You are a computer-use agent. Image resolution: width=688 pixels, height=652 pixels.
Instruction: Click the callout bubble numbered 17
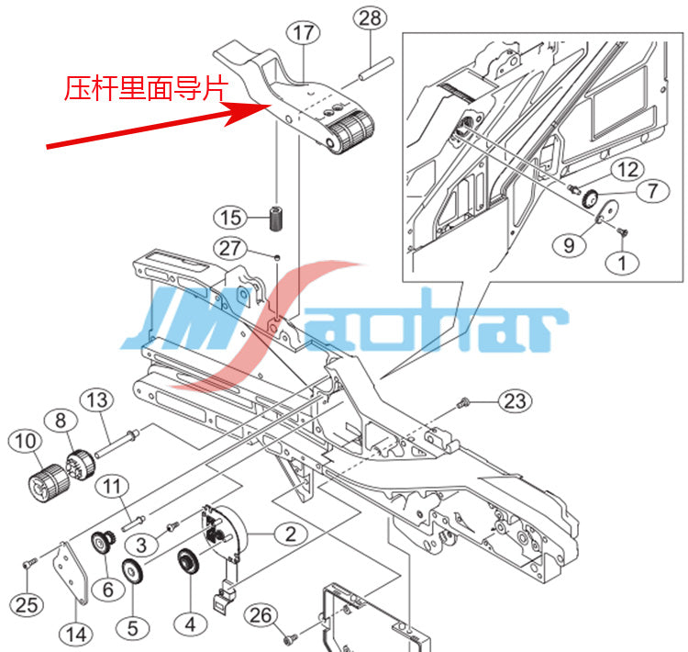(304, 32)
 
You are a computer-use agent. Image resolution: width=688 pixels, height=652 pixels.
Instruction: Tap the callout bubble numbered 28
(370, 18)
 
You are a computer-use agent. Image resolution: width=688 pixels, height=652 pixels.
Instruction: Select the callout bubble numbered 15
(230, 218)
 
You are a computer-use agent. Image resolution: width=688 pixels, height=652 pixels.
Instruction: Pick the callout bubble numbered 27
(230, 248)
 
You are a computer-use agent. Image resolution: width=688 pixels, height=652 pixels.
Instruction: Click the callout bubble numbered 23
(515, 400)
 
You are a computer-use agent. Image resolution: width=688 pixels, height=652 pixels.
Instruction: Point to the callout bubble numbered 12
(627, 170)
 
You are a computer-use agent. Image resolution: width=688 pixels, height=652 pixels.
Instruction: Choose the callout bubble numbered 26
(261, 615)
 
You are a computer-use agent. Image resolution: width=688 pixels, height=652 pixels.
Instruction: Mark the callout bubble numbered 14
(76, 635)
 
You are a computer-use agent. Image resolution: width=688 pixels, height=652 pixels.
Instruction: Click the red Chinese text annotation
(147, 88)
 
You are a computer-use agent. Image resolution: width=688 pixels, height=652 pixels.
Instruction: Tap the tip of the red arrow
(271, 105)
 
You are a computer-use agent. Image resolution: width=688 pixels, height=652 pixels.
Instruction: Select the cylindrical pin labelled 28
(376, 70)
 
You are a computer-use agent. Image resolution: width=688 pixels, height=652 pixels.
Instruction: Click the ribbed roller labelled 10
(49, 482)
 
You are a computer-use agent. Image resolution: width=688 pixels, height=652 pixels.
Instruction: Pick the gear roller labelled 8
(81, 465)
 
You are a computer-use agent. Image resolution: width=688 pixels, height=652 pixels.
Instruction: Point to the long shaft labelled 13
(117, 444)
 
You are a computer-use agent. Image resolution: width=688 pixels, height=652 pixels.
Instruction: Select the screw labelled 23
(462, 402)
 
